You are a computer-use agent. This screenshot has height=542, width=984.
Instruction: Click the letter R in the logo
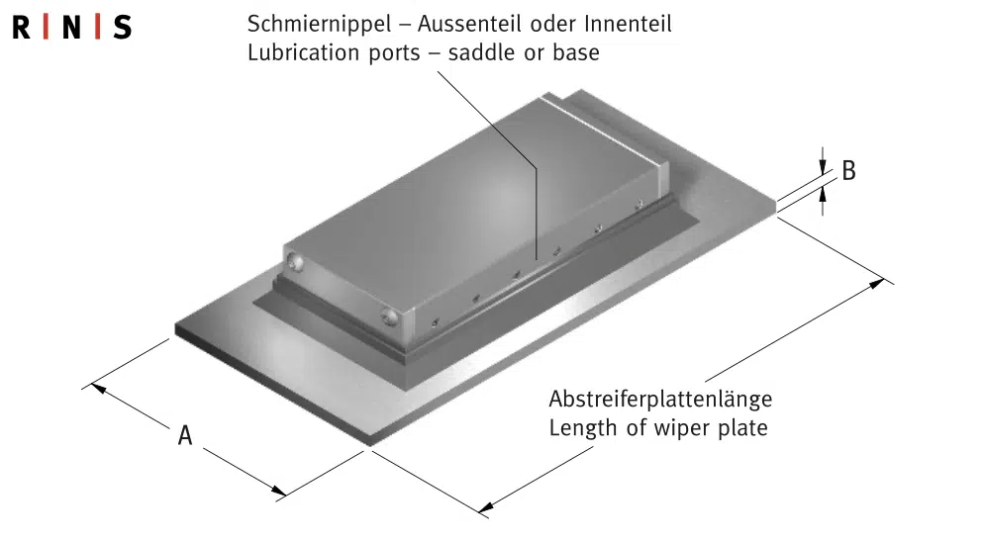click(21, 28)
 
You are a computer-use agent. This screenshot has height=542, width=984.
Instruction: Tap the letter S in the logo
click(122, 28)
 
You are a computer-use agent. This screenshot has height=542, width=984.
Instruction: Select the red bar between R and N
click(46, 28)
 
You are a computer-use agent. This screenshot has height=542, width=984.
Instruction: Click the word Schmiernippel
click(308, 23)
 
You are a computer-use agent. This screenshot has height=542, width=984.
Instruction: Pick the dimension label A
click(184, 435)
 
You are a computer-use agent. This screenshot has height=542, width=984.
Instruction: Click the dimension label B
click(848, 170)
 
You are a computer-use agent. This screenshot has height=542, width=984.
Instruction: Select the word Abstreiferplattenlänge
click(660, 400)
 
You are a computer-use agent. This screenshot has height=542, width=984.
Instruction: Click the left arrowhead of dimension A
click(97, 387)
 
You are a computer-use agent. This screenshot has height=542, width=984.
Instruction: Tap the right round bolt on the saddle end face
click(387, 316)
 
